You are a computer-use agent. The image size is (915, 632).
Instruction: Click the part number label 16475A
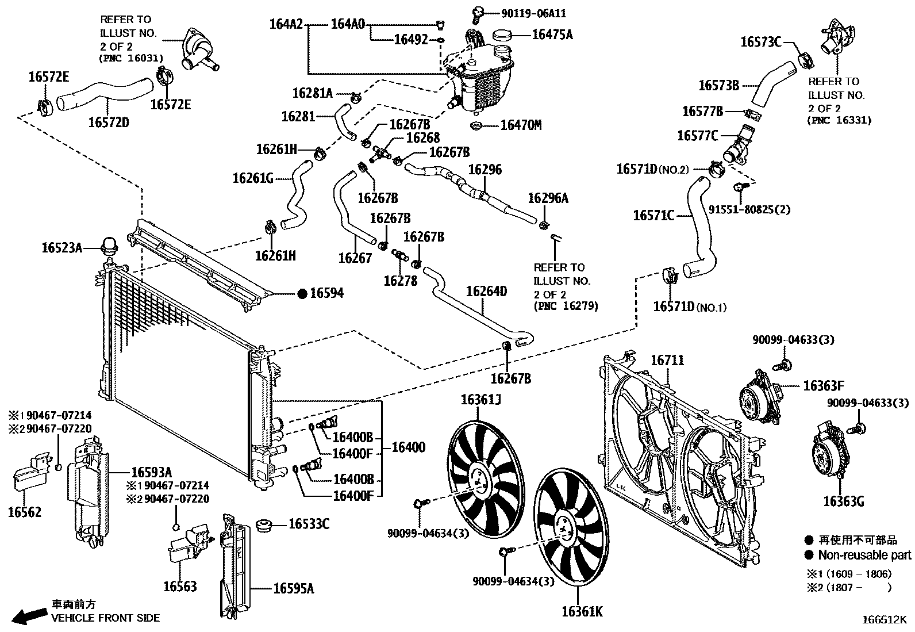[x=552, y=35]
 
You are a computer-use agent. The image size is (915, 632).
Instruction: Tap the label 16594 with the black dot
[x=326, y=293]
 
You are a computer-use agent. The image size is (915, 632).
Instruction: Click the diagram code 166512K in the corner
[x=883, y=619]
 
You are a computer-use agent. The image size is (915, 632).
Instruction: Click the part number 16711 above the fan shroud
[x=667, y=360]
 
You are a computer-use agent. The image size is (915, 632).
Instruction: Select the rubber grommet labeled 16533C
[x=264, y=524]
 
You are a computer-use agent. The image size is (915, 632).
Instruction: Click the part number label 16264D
[x=486, y=292]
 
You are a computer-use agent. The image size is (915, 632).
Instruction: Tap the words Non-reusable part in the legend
[x=864, y=555]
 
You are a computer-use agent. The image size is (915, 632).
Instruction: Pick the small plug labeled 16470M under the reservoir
[x=476, y=125]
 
